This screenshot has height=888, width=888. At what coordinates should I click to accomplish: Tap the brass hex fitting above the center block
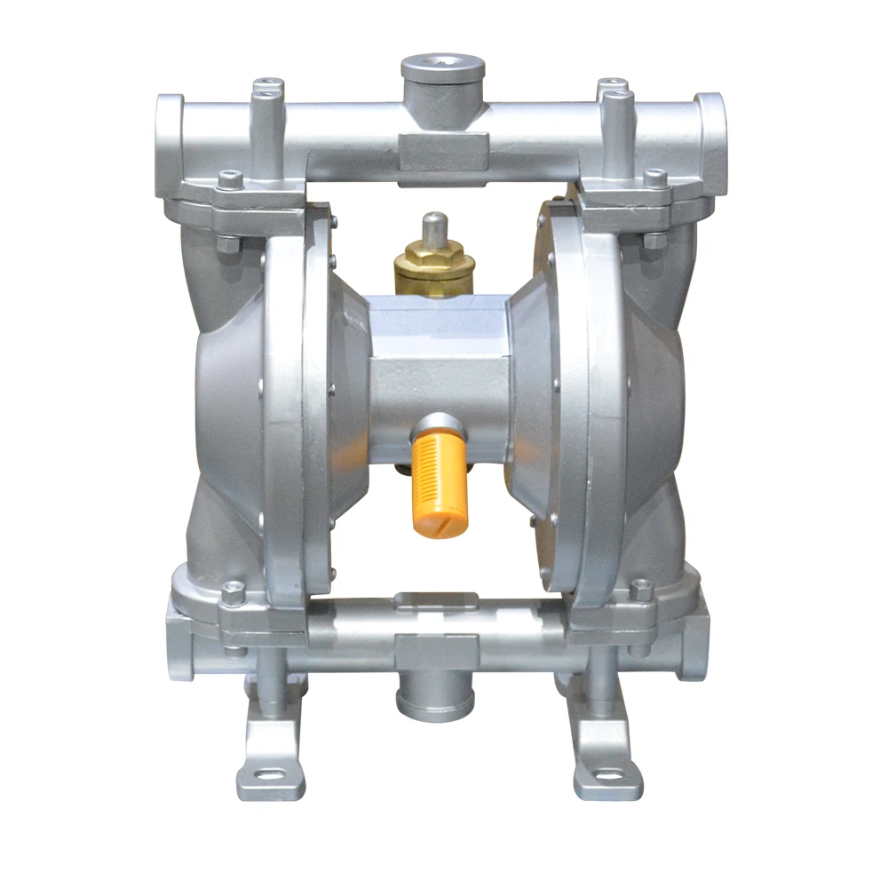(433, 265)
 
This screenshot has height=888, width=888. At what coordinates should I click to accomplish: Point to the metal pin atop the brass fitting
(433, 226)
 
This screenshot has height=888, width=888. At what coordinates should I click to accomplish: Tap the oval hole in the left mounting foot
(267, 776)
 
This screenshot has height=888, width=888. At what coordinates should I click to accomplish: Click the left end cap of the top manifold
(169, 124)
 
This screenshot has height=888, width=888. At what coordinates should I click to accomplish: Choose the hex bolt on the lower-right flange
(641, 590)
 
